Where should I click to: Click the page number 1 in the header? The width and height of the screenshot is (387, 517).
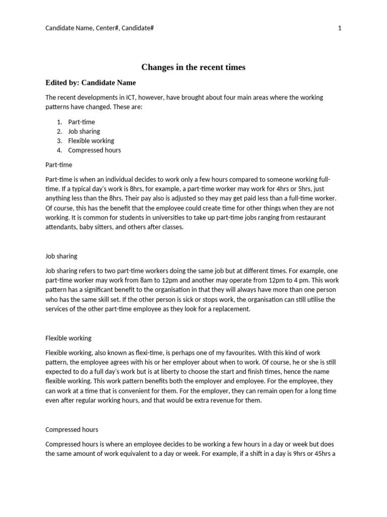click(340, 28)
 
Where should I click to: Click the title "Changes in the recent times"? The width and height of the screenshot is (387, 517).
click(193, 67)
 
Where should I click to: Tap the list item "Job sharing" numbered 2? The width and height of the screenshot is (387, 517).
click(84, 131)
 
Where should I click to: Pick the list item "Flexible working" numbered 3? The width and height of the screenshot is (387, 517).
click(91, 141)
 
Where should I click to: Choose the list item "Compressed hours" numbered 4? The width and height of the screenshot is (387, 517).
click(94, 150)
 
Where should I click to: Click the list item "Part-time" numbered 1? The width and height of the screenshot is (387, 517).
click(81, 122)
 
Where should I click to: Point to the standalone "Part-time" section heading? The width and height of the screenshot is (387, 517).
click(59, 165)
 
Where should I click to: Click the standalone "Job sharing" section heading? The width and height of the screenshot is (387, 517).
click(61, 256)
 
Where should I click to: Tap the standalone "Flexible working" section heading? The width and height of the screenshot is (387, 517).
click(69, 338)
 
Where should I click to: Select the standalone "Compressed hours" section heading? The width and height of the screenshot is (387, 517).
click(72, 430)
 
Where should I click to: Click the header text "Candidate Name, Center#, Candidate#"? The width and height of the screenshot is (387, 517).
click(99, 28)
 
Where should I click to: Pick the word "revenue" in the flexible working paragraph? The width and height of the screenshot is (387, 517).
click(212, 400)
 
